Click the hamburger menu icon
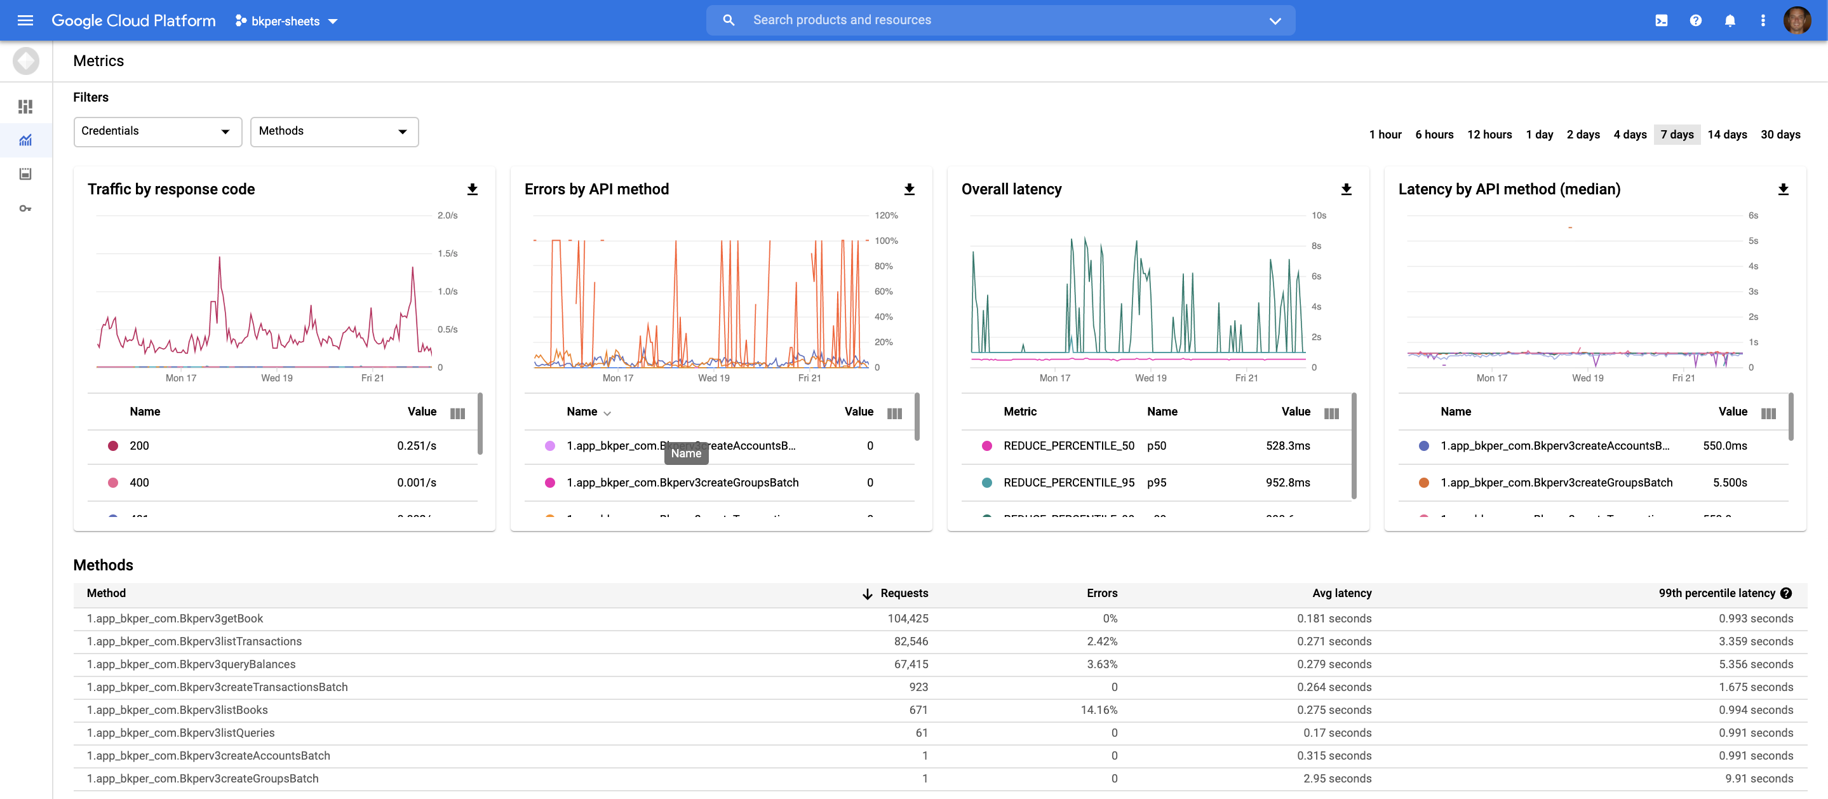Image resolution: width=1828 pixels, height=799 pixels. [25, 20]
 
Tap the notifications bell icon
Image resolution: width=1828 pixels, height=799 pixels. [1730, 20]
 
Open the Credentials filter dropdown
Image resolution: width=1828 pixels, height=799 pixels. [157, 131]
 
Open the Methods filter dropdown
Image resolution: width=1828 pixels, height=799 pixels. [333, 131]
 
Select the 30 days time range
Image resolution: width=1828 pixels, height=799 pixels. [1780, 134]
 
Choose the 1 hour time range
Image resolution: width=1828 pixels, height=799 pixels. [1385, 134]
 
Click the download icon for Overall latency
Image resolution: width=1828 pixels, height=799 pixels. [1345, 189]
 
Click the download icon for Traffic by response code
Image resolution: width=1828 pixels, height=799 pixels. [472, 189]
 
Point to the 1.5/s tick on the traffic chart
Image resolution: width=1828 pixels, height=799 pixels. [447, 253]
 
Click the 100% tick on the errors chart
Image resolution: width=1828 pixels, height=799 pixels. [885, 241]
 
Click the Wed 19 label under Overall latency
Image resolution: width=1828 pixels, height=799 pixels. [1150, 378]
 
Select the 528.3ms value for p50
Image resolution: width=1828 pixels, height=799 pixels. [1287, 446]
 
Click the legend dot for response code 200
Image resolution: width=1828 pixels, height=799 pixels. [113, 446]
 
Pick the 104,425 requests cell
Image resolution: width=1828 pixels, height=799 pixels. [907, 618]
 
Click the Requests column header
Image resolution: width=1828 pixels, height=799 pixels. [903, 593]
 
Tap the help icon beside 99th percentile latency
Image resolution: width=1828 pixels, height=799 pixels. [1785, 593]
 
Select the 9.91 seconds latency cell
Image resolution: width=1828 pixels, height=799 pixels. [1759, 779]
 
